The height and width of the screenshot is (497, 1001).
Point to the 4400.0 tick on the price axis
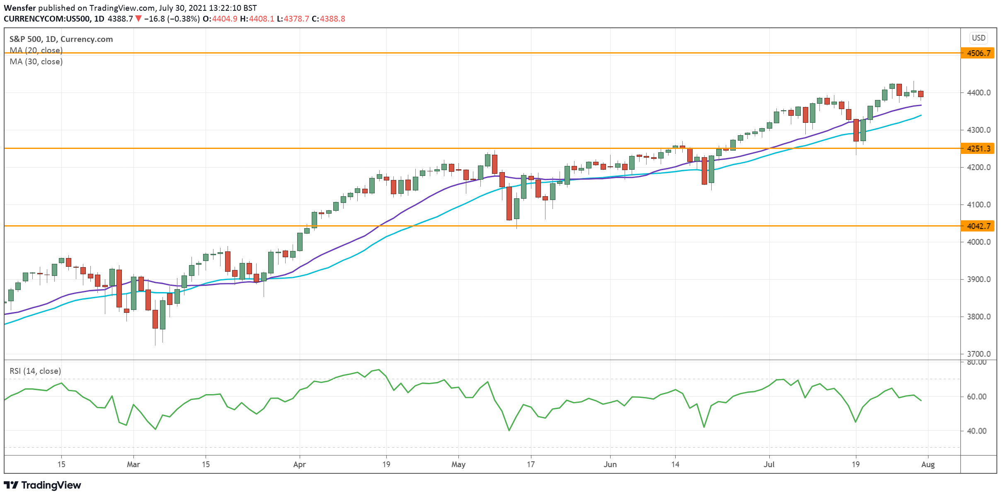[979, 93]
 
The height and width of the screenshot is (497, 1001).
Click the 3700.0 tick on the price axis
[979, 354]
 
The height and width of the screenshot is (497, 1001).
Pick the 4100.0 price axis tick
[979, 205]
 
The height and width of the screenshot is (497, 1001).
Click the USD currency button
[979, 38]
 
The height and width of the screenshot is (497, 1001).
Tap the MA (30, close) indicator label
[36, 62]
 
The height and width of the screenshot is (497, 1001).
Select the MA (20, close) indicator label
[36, 51]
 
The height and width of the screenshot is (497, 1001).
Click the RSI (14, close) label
[35, 371]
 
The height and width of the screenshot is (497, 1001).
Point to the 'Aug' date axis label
[928, 465]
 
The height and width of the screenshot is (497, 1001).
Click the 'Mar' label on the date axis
[133, 465]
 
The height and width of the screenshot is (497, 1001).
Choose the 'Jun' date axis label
[610, 465]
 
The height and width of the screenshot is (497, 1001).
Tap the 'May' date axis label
[458, 465]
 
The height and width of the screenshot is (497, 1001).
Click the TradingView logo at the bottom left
[42, 485]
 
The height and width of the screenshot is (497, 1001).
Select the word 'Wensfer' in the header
[20, 8]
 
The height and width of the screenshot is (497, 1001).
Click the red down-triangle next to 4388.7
[138, 19]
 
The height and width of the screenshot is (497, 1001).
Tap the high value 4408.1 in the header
[262, 19]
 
